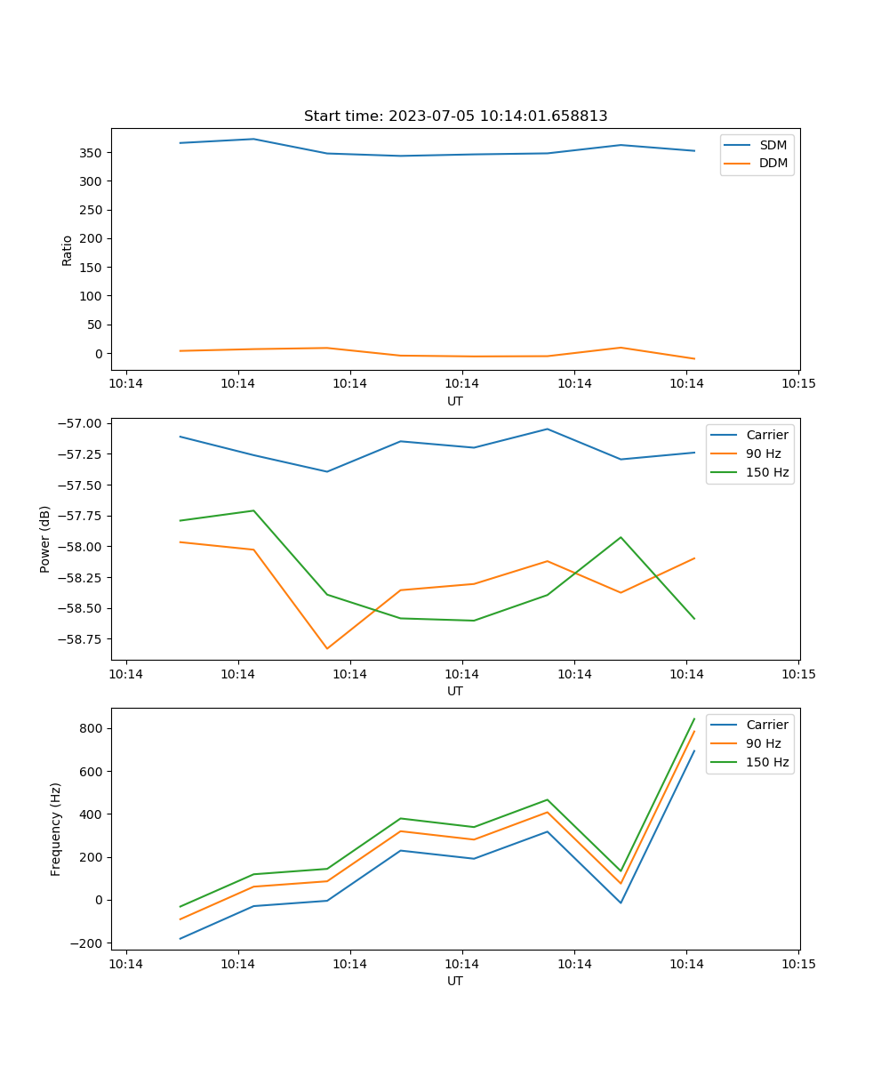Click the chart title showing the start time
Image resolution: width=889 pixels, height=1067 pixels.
[455, 116]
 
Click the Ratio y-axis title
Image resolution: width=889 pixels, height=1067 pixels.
[67, 250]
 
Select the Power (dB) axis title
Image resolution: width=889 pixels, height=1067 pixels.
[45, 539]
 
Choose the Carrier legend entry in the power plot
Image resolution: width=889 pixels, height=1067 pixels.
[766, 435]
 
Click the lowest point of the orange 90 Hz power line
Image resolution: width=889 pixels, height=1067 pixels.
[327, 648]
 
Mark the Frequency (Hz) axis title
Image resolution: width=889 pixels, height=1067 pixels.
[56, 829]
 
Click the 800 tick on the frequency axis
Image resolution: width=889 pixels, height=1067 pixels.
[93, 729]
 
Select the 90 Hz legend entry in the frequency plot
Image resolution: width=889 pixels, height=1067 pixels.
[763, 743]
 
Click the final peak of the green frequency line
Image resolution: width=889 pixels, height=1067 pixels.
[694, 718]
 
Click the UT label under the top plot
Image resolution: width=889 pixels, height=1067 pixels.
[455, 401]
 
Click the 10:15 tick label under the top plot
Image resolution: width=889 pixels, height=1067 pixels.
[798, 385]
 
